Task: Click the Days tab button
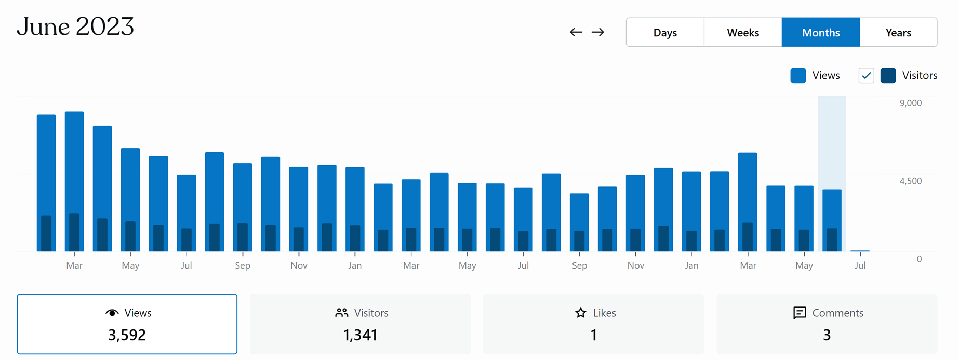tap(665, 32)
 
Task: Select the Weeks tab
tap(743, 32)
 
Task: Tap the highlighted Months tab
tap(821, 32)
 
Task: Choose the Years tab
tap(898, 32)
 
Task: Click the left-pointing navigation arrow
tap(576, 32)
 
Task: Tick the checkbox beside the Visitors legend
tap(866, 75)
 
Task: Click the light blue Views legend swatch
tap(798, 75)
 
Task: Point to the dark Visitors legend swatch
tap(888, 75)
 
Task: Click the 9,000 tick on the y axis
tap(911, 103)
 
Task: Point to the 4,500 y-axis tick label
tap(911, 181)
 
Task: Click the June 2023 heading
tap(75, 26)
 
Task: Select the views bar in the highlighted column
tap(832, 208)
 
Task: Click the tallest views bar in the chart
tap(74, 156)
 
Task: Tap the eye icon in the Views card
tap(112, 313)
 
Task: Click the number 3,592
tap(127, 335)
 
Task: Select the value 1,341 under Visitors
tap(360, 335)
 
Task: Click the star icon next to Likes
tap(581, 313)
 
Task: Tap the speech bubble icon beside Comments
tap(800, 313)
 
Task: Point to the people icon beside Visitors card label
tap(341, 313)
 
